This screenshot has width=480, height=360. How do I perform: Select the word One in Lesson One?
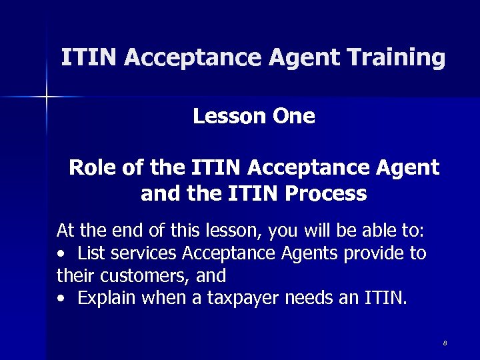point(294,117)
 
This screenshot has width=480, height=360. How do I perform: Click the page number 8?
point(445,343)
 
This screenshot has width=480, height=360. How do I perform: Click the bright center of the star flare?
point(47,97)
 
